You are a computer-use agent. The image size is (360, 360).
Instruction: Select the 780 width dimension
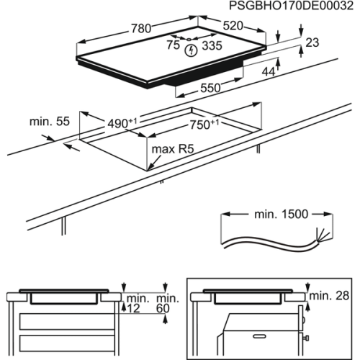[x=142, y=30]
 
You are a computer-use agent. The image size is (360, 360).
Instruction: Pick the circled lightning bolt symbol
[x=191, y=50]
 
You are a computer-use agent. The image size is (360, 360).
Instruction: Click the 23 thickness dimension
[x=311, y=43]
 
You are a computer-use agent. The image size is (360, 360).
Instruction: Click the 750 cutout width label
[x=203, y=124]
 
